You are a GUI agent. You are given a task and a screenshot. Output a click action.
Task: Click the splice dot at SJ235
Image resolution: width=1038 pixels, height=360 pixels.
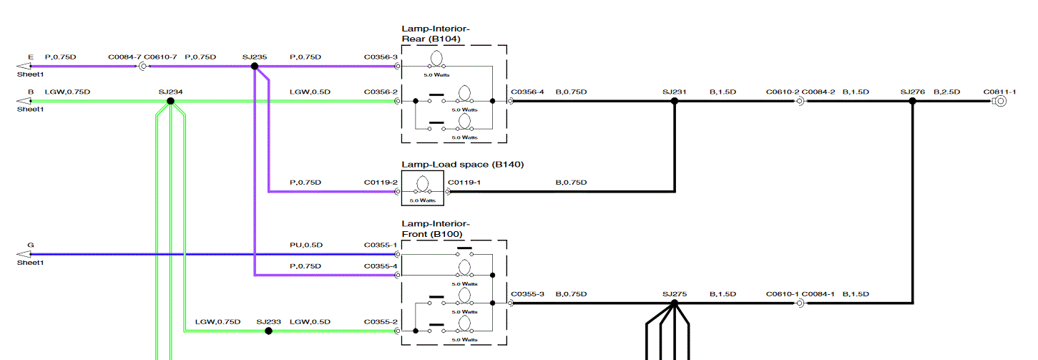pos(255,66)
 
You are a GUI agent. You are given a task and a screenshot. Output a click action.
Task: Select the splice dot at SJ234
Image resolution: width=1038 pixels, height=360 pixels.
pos(170,101)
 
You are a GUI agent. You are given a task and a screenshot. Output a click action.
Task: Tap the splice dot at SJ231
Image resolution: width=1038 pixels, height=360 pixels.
pos(674,101)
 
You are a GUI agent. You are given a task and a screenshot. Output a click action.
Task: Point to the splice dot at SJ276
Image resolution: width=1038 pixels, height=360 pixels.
pos(912,101)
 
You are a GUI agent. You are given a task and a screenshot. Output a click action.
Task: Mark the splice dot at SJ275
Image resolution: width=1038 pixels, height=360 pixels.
pos(674,303)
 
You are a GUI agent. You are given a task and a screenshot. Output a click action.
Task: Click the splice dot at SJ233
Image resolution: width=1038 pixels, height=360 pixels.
pos(268,331)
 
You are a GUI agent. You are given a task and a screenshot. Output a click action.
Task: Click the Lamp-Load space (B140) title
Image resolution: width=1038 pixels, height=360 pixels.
pos(463,165)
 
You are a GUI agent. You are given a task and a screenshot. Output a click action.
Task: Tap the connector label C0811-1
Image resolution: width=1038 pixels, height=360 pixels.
pos(999,92)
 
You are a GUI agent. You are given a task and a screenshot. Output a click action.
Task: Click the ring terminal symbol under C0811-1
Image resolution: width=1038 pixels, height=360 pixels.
pos(1000,101)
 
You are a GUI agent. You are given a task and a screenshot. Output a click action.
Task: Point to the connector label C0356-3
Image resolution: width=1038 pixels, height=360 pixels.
pos(381,57)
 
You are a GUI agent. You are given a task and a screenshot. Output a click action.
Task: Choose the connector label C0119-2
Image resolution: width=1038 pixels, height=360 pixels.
pos(381,183)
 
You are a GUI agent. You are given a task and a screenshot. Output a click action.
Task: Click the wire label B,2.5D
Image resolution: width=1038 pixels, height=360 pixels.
pos(946,92)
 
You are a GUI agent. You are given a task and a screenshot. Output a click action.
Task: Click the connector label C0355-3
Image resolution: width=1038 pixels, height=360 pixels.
pos(528,293)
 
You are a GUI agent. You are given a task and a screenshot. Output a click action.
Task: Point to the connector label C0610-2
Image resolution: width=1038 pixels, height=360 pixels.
pos(782,92)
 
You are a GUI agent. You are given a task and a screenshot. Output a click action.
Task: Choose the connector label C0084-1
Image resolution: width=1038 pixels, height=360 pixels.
pos(818,293)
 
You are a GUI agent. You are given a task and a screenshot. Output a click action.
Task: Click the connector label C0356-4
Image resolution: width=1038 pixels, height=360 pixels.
pos(528,92)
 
